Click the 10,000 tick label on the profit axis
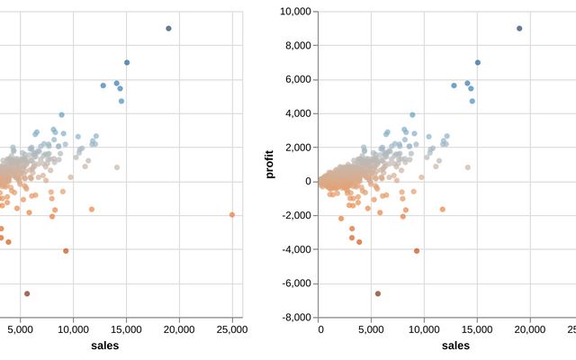(x=295, y=12)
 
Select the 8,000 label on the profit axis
(x=298, y=46)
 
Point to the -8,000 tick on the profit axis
(x=296, y=318)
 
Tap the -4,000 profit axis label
(x=296, y=249)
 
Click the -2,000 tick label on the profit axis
(x=296, y=216)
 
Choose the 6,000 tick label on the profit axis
(x=298, y=80)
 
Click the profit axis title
(x=270, y=165)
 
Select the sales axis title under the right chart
(x=455, y=346)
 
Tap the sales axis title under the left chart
(x=104, y=346)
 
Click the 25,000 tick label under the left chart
(x=231, y=329)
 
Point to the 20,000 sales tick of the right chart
(x=530, y=329)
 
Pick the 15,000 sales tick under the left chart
(x=127, y=329)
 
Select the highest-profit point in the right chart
(x=519, y=28)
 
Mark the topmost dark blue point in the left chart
(x=168, y=28)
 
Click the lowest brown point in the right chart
(x=378, y=293)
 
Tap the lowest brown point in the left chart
(x=27, y=293)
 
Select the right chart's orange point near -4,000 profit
(x=417, y=251)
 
